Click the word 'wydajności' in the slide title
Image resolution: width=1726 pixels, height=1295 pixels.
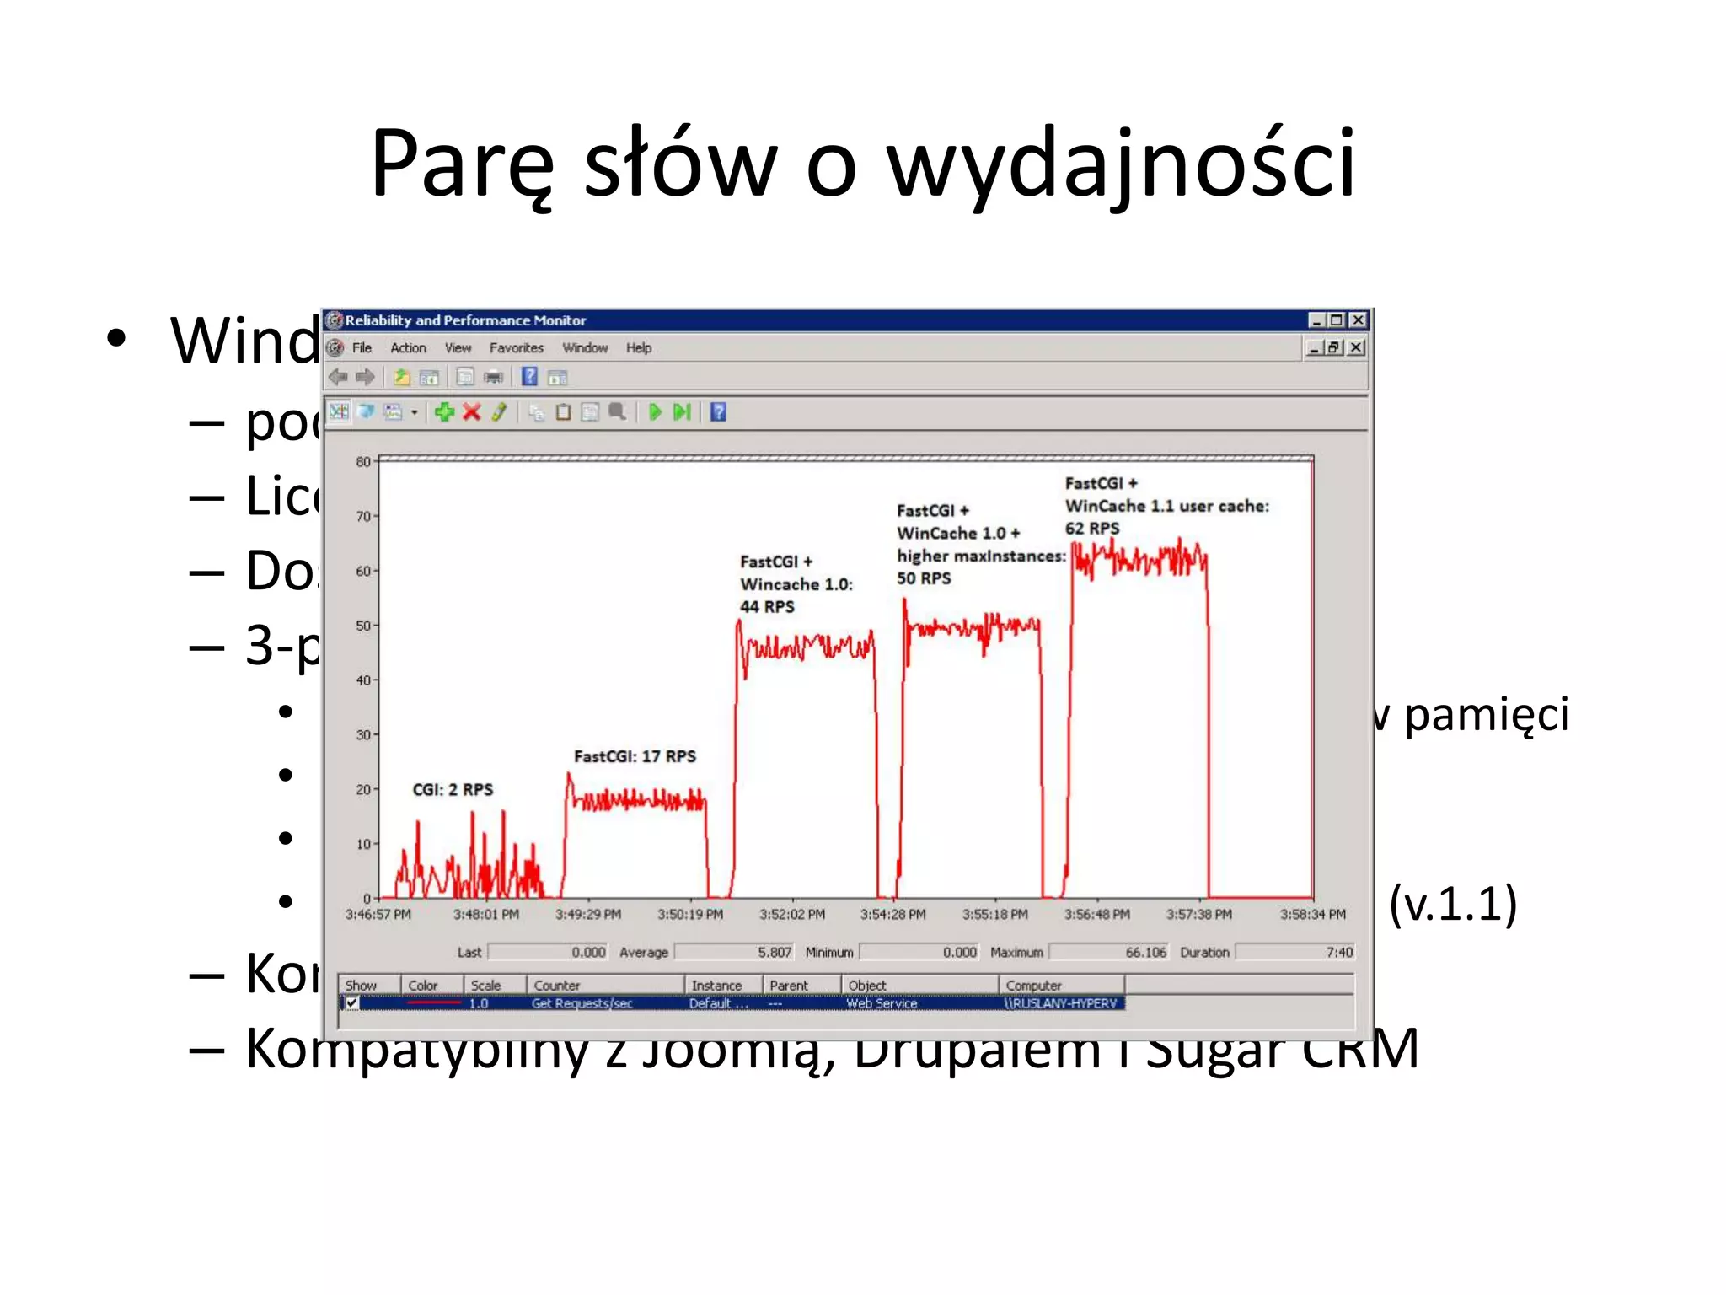click(1121, 164)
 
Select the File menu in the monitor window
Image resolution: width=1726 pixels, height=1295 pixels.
click(362, 348)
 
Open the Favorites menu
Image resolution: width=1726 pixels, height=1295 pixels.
click(516, 348)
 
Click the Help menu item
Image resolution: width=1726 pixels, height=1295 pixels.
click(638, 348)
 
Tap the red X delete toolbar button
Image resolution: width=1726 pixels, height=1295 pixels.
click(472, 412)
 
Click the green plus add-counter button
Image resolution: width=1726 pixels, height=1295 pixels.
click(444, 412)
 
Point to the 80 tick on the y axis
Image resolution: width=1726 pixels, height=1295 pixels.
click(363, 462)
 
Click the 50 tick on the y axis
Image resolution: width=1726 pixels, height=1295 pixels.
click(363, 626)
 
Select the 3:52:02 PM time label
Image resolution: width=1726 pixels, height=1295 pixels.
click(791, 915)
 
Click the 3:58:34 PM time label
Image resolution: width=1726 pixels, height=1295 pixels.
click(1312, 915)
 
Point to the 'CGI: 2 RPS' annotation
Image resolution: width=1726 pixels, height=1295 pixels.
click(453, 790)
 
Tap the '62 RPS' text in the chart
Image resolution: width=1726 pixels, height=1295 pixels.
click(1092, 529)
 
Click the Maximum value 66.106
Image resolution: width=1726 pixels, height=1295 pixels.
click(1145, 953)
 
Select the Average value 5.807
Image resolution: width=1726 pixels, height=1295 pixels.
click(774, 953)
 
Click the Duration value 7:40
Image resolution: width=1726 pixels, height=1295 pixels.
click(1338, 953)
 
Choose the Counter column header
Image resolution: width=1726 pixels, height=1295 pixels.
click(557, 986)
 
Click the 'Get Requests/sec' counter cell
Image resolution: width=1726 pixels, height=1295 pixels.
click(582, 1003)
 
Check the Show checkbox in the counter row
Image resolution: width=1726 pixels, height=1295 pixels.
click(352, 1003)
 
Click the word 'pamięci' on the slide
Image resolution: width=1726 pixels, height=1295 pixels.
click(1486, 715)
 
